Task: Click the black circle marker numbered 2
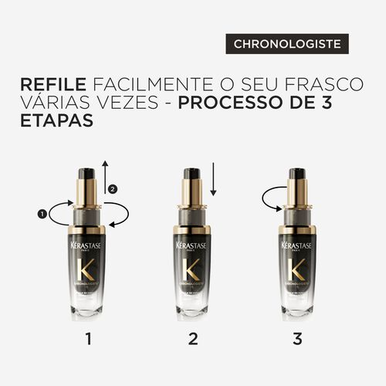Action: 113,189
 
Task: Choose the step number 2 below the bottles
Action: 193,338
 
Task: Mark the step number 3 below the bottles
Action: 297,338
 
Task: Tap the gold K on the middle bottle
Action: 192,270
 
